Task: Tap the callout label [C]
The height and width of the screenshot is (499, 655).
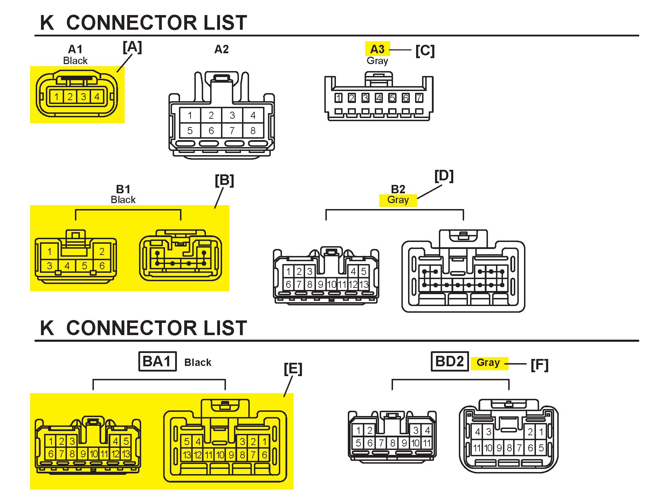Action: point(425,51)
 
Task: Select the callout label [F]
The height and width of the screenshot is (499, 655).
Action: point(539,365)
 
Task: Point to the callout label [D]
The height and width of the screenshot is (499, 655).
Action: point(444,176)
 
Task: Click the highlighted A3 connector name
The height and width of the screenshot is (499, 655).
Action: point(377,49)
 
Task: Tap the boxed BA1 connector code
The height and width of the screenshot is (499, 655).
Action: point(157,361)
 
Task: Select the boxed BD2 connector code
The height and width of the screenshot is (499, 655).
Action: point(449,361)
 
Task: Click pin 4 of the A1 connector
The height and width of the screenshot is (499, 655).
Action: point(97,97)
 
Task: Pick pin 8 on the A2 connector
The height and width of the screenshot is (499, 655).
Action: point(253,131)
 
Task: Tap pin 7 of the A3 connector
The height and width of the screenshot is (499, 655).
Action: point(419,98)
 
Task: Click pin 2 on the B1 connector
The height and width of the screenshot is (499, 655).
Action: point(102,251)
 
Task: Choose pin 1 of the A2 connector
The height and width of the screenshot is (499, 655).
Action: point(190,115)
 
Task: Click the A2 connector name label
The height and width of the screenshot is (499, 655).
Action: point(221,49)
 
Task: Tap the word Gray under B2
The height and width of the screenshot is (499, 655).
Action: point(398,200)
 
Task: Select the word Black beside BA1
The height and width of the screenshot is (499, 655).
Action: point(198,362)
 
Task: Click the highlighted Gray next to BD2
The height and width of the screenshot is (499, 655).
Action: point(488,362)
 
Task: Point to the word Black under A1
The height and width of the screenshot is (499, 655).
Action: point(75,61)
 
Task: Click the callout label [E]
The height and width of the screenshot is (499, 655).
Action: point(293,369)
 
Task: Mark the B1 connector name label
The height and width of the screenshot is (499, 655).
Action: point(123,189)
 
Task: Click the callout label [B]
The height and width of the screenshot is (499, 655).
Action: point(224,180)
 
